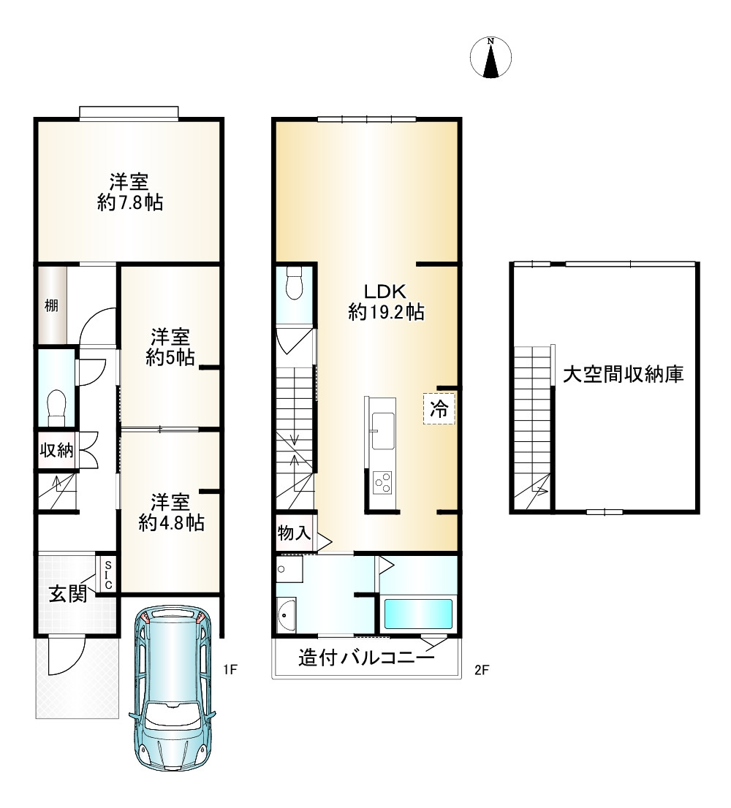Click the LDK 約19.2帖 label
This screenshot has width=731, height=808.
(x=387, y=301)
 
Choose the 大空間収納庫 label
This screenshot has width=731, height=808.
(x=623, y=375)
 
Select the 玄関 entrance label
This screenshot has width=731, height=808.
(x=67, y=594)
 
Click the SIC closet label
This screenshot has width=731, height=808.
(x=107, y=575)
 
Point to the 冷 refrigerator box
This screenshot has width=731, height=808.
(x=439, y=409)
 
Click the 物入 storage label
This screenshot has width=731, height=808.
(x=294, y=534)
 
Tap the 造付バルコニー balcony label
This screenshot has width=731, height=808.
(x=366, y=658)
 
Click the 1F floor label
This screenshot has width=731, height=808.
(x=232, y=668)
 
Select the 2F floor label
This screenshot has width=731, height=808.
(x=480, y=668)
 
